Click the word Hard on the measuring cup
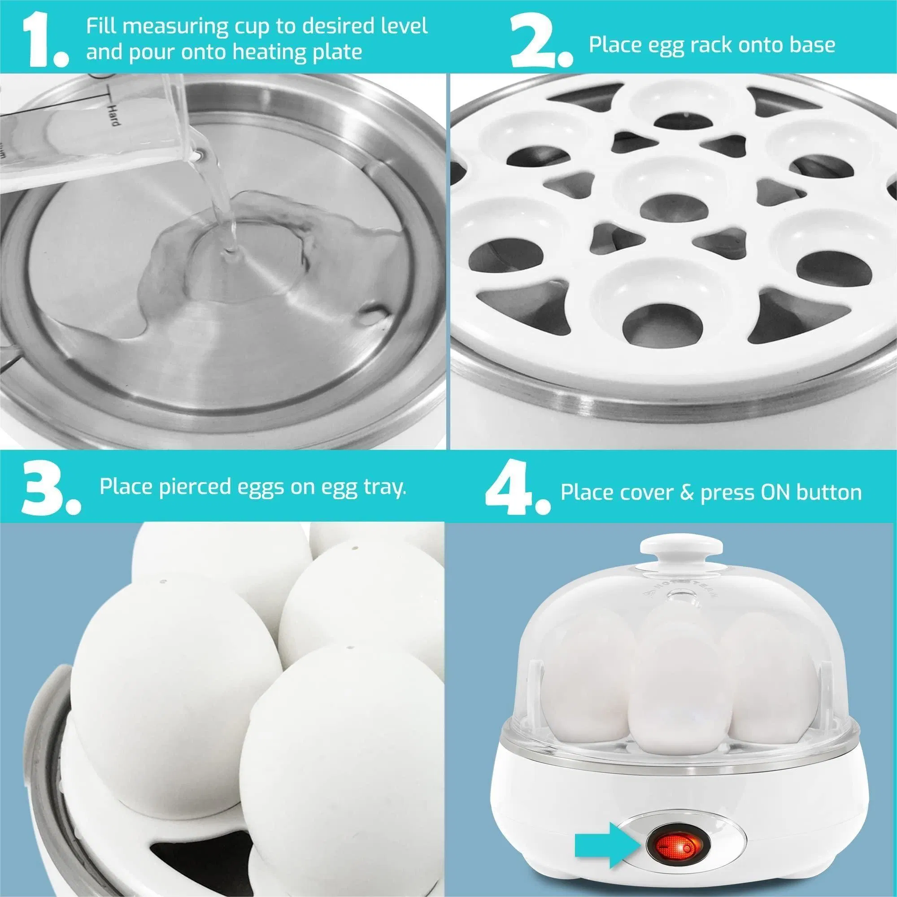pos(113,115)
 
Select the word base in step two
pos(812,45)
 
